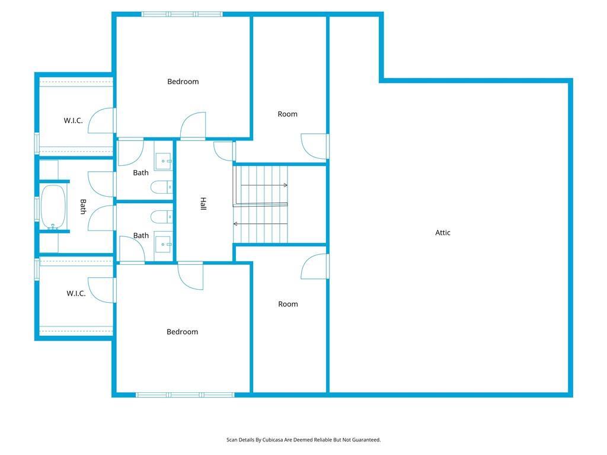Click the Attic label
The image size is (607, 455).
(442, 232)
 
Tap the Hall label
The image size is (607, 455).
(203, 204)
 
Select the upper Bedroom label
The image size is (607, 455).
(183, 82)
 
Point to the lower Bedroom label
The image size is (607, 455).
(182, 332)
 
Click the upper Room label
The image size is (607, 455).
(287, 114)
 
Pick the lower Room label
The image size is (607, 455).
(288, 304)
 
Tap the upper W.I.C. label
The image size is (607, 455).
(73, 121)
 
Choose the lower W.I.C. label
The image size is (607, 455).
(76, 293)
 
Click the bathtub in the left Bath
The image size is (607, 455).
(53, 207)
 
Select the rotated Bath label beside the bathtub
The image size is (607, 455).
(83, 207)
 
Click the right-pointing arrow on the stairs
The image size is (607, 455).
(264, 185)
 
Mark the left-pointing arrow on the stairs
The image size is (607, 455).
(261, 223)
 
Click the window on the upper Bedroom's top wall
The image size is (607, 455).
(182, 14)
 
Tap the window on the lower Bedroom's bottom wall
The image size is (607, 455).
(185, 395)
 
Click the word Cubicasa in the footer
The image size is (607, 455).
(273, 440)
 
